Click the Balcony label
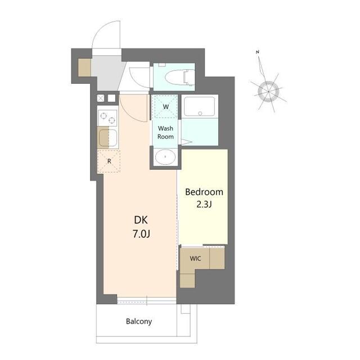tap(139, 321)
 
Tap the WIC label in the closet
tap(195, 259)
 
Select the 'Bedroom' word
tap(204, 192)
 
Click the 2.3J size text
tap(204, 204)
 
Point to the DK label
tap(141, 220)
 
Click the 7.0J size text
tap(141, 234)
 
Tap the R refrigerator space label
tap(109, 161)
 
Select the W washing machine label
tap(166, 107)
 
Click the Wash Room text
tap(165, 133)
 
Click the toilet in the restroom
tap(179, 77)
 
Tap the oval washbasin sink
tap(165, 157)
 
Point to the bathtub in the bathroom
tap(200, 106)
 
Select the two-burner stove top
tap(107, 118)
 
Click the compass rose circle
tap(268, 91)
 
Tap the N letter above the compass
tap(258, 52)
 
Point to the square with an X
tap(101, 98)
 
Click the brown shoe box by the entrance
tap(85, 67)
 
